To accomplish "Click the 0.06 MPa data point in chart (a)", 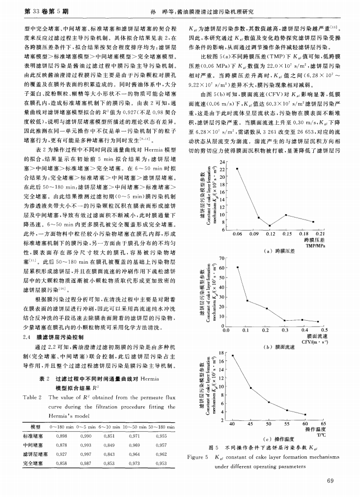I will point(237,168).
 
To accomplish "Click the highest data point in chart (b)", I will point(238,267).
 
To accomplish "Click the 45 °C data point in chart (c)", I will point(250,388).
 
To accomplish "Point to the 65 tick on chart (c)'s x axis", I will point(323,424).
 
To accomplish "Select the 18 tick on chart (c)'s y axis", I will point(222,353).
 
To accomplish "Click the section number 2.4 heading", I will point(28,338).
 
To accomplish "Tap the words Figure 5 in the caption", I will point(198,457).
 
